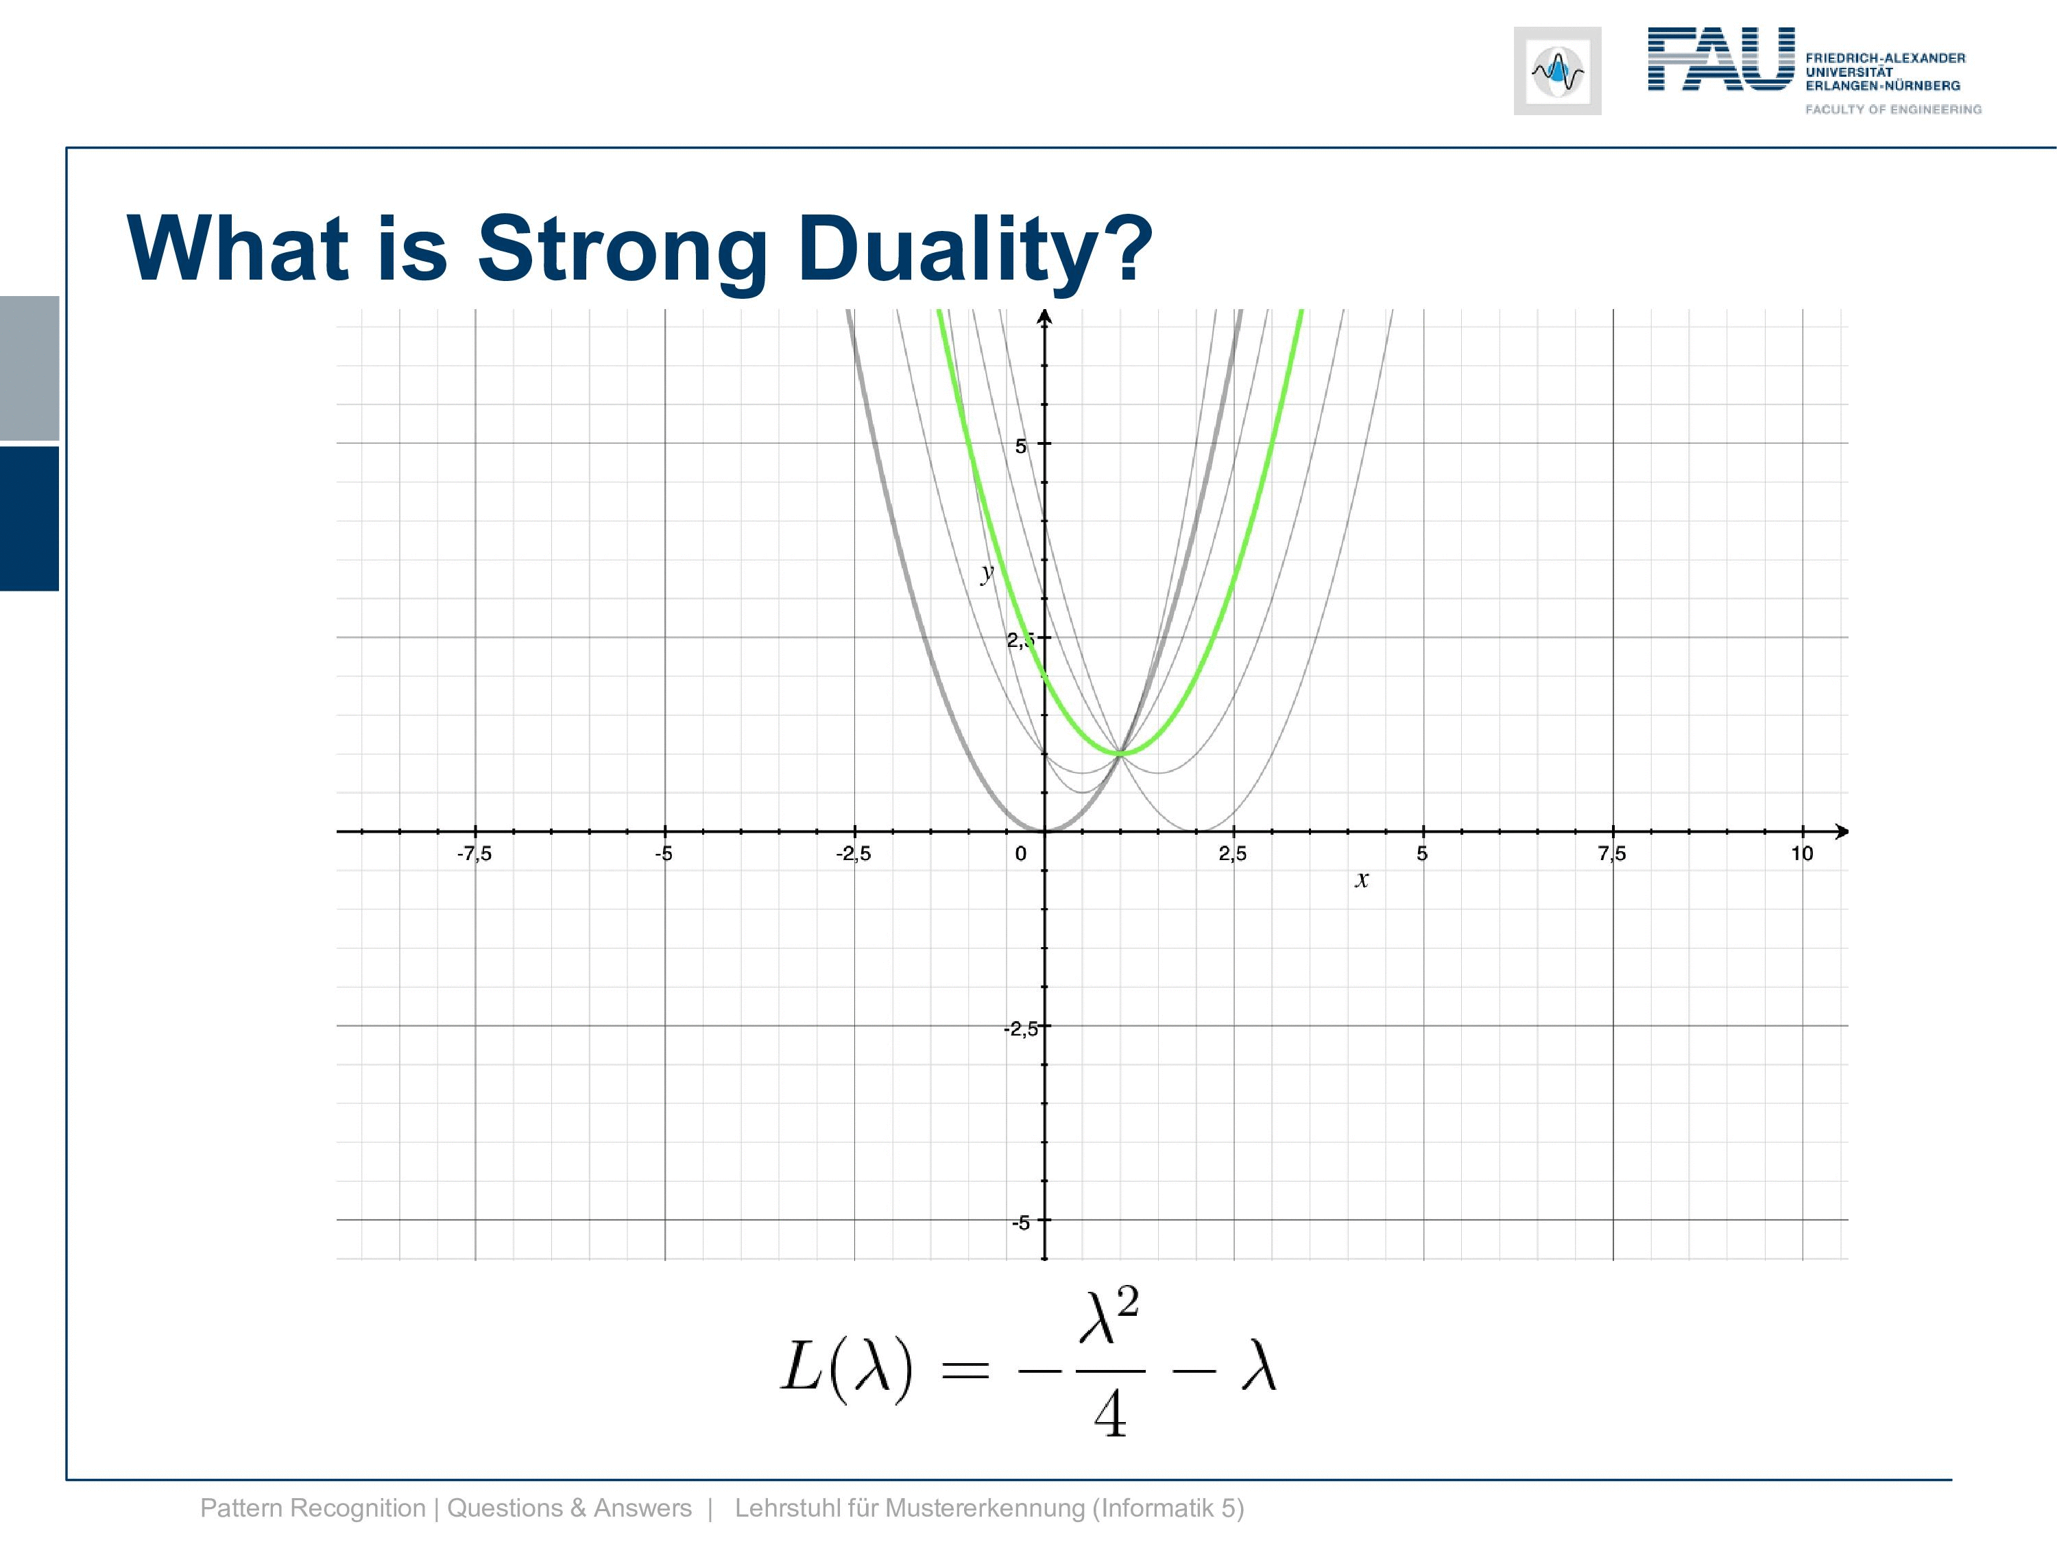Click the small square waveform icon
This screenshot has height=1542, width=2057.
(x=1558, y=71)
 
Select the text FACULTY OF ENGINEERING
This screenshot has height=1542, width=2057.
(x=1893, y=110)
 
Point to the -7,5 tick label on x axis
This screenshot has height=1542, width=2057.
(x=474, y=853)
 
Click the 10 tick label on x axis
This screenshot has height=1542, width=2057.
(x=1802, y=853)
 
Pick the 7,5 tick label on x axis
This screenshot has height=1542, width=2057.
(x=1613, y=853)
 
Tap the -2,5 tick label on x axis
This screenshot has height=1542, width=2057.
(x=854, y=853)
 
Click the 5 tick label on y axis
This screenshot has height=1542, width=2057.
(x=1021, y=447)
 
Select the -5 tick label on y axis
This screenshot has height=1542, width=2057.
(x=1021, y=1223)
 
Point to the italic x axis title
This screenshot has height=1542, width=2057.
(x=1362, y=879)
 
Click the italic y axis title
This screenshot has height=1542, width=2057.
(x=987, y=572)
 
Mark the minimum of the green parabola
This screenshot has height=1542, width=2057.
(x=1120, y=753)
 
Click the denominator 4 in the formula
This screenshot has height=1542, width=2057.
(x=1110, y=1415)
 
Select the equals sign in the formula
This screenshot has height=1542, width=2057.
(x=965, y=1370)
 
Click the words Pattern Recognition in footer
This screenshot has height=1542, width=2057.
(x=313, y=1508)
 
